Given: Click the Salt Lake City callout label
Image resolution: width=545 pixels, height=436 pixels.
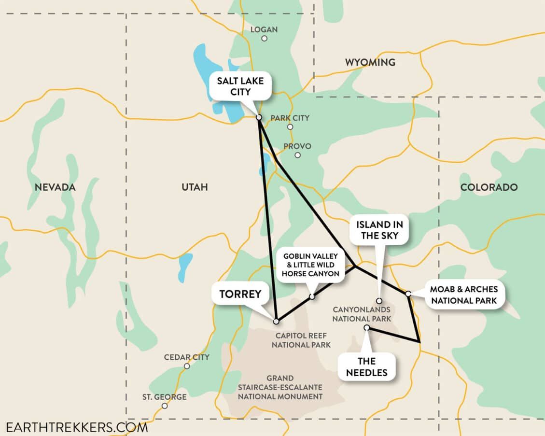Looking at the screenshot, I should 240,86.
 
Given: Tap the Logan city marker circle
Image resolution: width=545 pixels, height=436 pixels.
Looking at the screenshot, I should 264,38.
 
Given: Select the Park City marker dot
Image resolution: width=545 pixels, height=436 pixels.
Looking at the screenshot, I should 290,127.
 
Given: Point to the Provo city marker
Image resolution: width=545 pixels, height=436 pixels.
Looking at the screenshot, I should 297,155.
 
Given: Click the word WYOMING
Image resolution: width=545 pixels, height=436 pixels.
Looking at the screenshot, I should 370,62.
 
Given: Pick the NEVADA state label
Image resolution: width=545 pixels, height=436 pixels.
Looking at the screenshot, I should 55,187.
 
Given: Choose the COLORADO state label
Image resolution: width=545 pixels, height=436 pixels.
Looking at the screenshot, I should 489,187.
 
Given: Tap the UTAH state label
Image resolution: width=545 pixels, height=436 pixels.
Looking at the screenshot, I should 195,187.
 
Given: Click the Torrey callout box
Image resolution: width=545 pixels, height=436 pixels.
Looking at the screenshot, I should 240,294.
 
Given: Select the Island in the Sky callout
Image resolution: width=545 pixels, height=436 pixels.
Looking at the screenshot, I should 379,230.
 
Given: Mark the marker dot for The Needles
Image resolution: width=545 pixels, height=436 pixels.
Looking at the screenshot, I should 366,327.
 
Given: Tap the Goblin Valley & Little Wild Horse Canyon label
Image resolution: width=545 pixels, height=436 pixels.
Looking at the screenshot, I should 310,265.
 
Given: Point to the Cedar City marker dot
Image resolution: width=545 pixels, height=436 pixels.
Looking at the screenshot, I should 187,366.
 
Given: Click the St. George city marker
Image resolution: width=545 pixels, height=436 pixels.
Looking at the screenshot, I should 165,406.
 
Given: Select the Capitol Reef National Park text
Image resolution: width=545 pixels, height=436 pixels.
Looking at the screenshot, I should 301,340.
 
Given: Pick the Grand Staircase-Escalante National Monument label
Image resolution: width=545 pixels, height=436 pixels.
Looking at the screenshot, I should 280,387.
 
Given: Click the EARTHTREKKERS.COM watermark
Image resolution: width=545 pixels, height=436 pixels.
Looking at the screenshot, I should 76,427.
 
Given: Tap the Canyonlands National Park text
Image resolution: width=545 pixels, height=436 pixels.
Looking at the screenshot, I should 361,314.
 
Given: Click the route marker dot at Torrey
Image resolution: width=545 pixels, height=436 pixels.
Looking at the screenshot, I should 276,321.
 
